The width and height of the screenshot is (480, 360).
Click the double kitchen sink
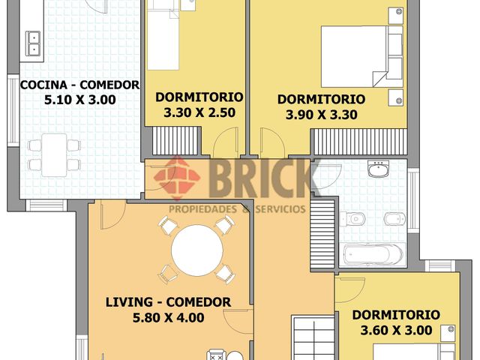[33, 43]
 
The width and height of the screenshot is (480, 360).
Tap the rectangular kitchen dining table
[54, 155]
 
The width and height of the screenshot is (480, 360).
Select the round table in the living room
[197, 250]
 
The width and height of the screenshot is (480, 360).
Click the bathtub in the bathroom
[373, 254]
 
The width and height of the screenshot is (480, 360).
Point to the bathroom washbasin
[379, 169]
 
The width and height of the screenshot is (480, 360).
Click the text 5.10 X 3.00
[80, 100]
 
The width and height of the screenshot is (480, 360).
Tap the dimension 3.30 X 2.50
[199, 112]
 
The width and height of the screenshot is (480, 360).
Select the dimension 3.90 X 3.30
[322, 115]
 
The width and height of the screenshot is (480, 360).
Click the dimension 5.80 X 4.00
[168, 317]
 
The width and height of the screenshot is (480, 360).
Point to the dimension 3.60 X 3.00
[397, 330]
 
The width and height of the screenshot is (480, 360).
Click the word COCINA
[43, 85]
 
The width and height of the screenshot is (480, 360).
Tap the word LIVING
[129, 302]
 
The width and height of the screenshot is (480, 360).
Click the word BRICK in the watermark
[261, 178]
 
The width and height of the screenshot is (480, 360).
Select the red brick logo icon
[177, 178]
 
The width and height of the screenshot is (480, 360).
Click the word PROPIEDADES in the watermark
[203, 209]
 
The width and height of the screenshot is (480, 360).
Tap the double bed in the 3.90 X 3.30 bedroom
[361, 57]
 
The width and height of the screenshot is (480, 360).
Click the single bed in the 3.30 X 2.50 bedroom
[163, 35]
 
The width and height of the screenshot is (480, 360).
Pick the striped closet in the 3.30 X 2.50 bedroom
[177, 141]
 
